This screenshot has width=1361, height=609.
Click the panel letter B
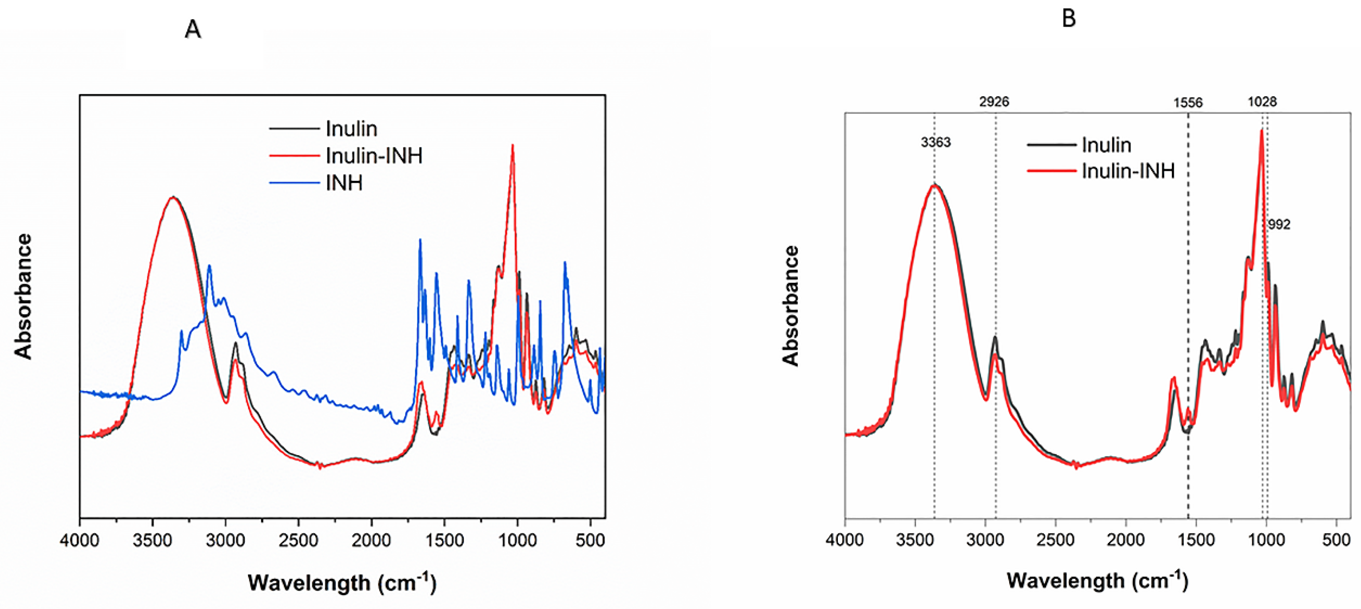1068,19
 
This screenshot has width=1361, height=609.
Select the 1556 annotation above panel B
1188,103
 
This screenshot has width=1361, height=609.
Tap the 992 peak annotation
1279,225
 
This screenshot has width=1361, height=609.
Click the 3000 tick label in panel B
985,540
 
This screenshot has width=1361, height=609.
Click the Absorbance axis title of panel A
23,297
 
